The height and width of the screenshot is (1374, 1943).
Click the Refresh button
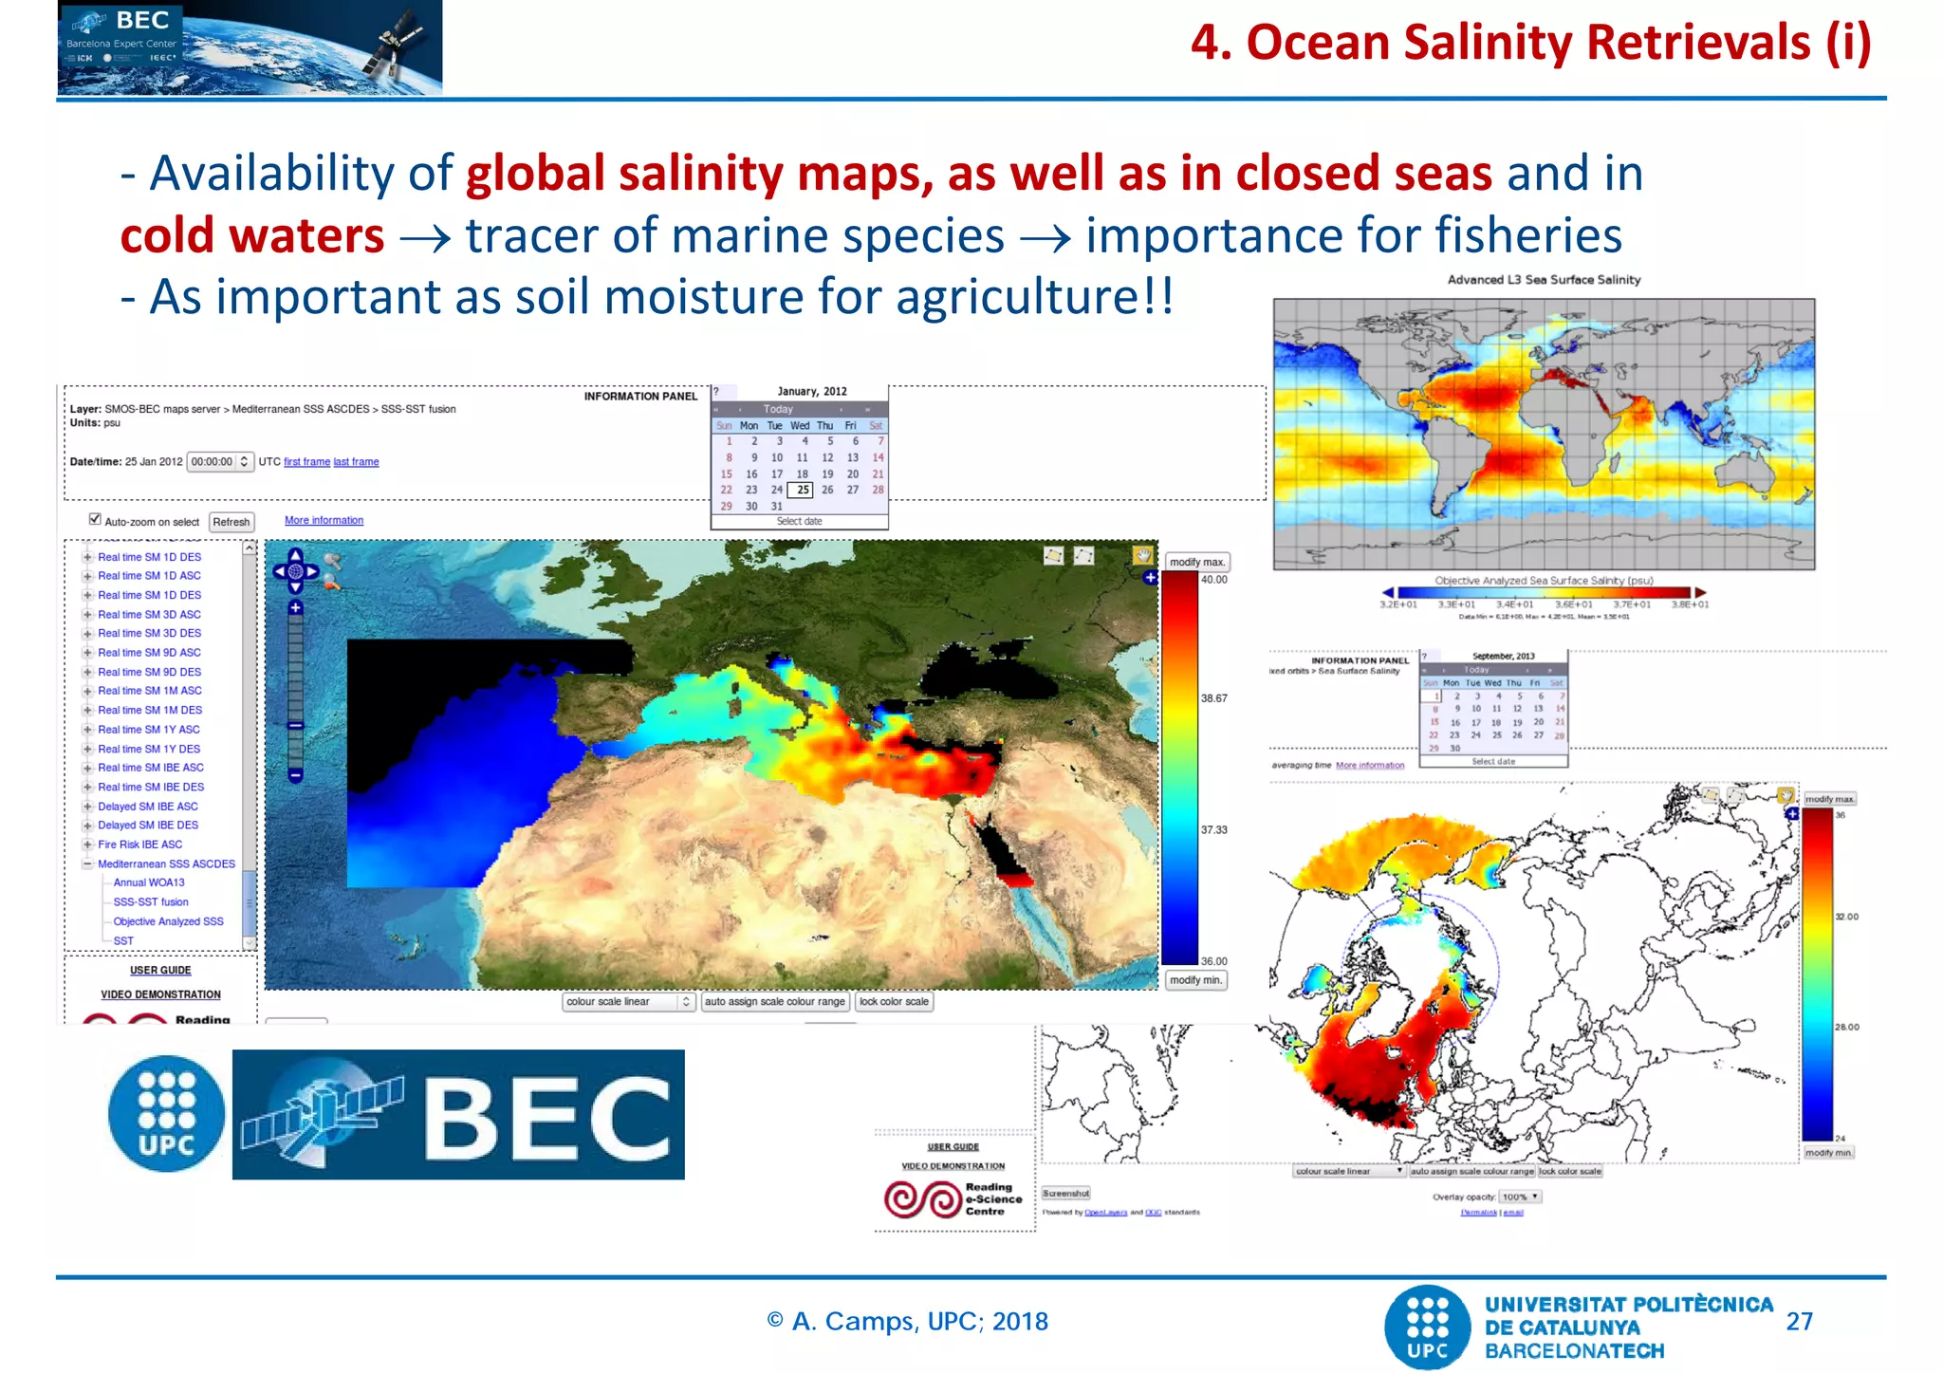(231, 522)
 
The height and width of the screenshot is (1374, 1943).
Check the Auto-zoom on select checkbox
(95, 519)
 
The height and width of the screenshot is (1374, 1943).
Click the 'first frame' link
(306, 462)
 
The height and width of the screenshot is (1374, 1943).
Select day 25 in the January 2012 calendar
(803, 490)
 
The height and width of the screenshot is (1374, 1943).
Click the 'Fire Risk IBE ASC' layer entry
(139, 845)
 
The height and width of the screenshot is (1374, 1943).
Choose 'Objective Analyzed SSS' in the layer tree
(168, 921)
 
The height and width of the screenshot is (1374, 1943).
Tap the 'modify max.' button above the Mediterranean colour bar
(1196, 562)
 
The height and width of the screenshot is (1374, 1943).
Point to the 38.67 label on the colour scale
(1213, 698)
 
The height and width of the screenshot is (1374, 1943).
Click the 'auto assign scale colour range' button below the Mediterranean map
(774, 1002)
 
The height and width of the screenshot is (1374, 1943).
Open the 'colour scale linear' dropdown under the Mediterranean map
(629, 1002)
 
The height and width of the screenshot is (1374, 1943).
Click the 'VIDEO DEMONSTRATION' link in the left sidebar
(161, 994)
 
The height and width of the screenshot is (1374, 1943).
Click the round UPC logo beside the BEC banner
(167, 1114)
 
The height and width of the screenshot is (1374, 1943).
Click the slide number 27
(1799, 1322)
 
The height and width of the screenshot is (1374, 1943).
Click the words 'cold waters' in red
(252, 235)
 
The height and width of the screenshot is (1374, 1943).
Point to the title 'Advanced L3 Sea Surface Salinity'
(1544, 280)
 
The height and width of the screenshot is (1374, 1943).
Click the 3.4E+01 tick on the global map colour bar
(1515, 604)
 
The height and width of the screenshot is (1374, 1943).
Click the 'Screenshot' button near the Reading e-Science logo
(1066, 1194)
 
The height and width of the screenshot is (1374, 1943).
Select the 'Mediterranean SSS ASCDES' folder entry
(166, 863)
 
